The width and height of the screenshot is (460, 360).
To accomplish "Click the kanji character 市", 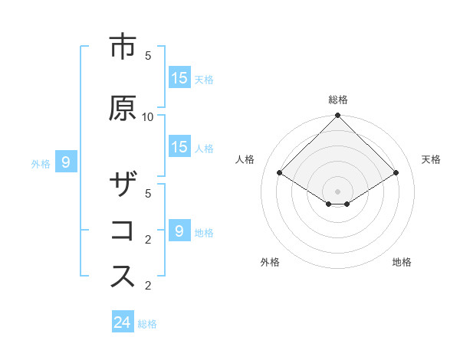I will click(x=123, y=47).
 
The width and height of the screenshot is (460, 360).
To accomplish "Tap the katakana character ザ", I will click(x=123, y=186).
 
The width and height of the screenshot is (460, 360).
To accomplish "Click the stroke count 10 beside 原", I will click(x=148, y=116).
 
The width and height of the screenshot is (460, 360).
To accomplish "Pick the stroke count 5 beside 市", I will click(x=148, y=56).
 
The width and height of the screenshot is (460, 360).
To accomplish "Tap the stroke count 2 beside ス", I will click(x=148, y=286).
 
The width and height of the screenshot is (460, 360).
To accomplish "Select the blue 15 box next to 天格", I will click(x=179, y=78).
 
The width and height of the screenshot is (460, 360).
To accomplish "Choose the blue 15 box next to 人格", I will click(x=179, y=148).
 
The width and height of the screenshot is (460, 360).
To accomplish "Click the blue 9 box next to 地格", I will click(x=179, y=231).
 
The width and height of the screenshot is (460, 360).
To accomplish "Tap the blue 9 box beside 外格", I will click(x=66, y=162).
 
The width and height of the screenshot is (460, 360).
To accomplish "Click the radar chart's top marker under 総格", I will click(x=337, y=116).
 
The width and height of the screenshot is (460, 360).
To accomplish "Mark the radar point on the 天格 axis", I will click(x=396, y=173).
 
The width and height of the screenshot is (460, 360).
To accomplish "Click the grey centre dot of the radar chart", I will click(x=337, y=191).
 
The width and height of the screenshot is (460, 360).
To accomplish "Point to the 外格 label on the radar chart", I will click(x=270, y=262).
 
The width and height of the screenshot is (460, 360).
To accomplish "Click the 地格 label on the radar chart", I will click(x=402, y=262).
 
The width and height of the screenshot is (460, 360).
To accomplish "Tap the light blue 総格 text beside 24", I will click(x=147, y=324).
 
